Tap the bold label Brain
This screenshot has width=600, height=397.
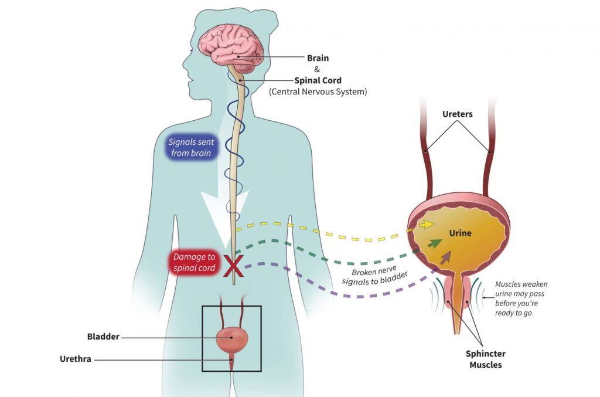318,58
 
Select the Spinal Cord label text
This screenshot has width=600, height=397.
318,80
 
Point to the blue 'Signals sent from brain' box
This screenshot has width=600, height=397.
192,148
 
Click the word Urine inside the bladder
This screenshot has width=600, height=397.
460,233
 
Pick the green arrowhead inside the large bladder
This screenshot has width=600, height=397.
435,243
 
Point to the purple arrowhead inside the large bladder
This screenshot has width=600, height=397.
446,256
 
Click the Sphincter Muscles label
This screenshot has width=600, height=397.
485,359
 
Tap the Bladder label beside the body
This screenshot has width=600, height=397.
103,337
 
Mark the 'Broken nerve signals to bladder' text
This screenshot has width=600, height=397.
375,276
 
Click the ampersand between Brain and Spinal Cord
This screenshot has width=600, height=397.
317,69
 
